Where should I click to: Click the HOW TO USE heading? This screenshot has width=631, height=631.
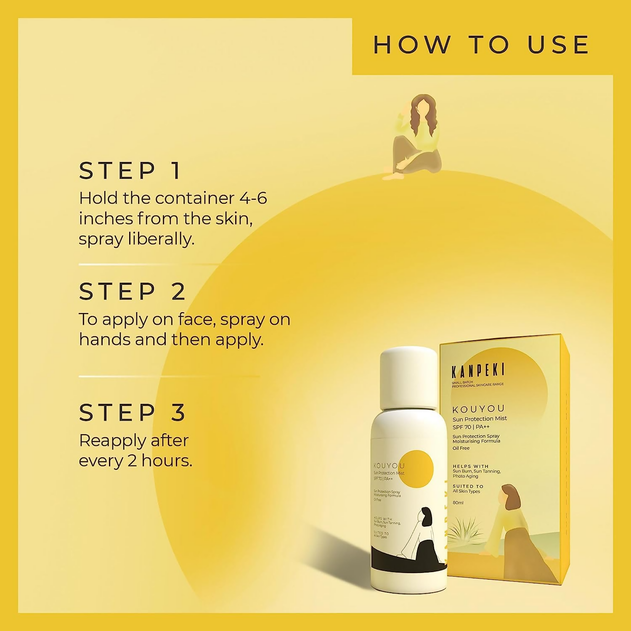(481, 45)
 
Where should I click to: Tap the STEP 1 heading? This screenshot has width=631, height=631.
(130, 171)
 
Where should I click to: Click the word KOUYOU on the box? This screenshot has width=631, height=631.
(478, 409)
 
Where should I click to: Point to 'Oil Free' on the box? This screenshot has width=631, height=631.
(461, 448)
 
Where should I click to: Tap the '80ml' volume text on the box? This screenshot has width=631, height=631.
(458, 503)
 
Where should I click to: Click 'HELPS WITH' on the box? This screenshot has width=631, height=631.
(471, 466)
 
